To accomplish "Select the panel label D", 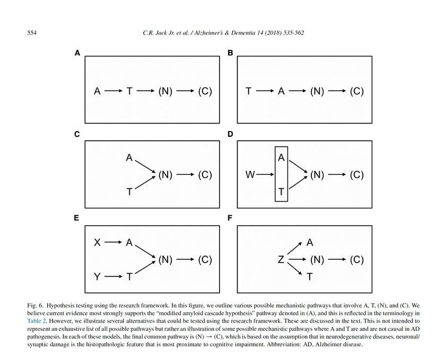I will click(230, 135).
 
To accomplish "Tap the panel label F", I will click(230, 218).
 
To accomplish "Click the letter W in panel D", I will click(250, 174).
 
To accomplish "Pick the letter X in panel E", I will click(97, 243).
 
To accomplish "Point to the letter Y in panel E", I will click(97, 276).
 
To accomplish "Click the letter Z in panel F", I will click(281, 260).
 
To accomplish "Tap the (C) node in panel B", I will click(357, 91).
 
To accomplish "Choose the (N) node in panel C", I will click(165, 174).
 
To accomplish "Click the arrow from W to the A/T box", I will click(265, 174).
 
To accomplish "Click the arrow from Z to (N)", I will click(297, 260).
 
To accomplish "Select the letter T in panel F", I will click(310, 277).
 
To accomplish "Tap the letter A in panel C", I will click(129, 157).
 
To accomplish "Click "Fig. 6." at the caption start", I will click(36, 306).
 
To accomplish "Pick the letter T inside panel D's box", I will click(281, 192).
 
